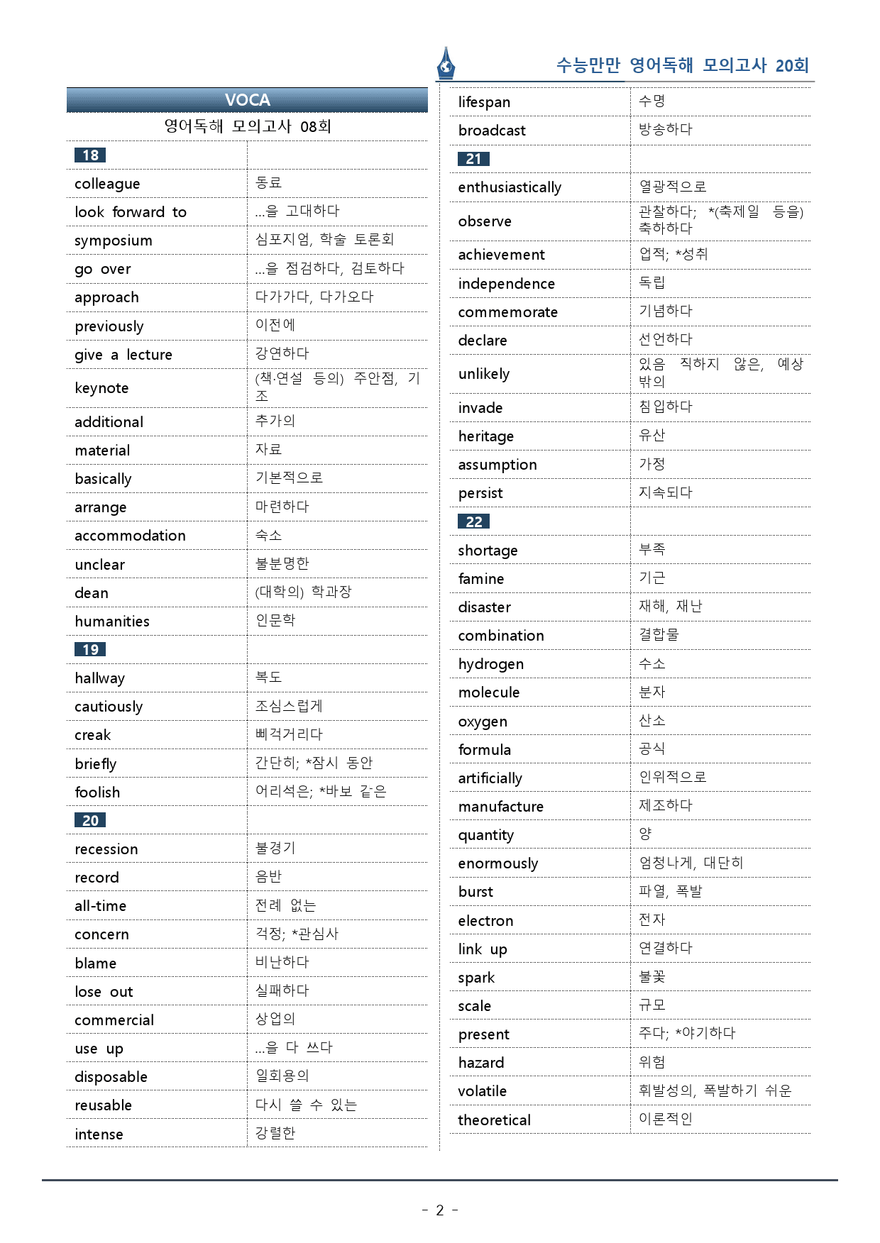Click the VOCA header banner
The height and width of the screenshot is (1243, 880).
tap(247, 100)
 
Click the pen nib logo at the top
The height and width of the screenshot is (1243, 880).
tap(446, 64)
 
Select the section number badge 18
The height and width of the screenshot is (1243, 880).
tap(90, 155)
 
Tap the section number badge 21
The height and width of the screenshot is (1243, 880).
tap(473, 159)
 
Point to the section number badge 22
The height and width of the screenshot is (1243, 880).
tap(473, 521)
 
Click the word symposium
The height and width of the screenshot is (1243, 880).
tap(114, 241)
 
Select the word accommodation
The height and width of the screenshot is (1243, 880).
tap(130, 536)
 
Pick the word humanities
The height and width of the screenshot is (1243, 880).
tap(112, 621)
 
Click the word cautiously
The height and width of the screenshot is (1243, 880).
tap(109, 707)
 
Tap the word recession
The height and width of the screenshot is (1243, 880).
tap(106, 849)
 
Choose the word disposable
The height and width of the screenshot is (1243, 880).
tap(111, 1077)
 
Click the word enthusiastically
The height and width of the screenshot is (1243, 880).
tap(510, 187)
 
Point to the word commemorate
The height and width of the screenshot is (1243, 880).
tap(507, 312)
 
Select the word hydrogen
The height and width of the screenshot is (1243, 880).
tap(490, 664)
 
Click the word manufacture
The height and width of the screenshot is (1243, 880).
tap(500, 807)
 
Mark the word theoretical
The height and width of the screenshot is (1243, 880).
tap(494, 1120)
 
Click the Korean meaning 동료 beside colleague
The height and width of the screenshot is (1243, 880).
tap(269, 182)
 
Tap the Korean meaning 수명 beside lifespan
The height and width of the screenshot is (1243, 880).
tap(651, 101)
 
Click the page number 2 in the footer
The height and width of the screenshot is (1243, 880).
tap(439, 1210)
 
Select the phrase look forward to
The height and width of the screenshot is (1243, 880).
tap(131, 212)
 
